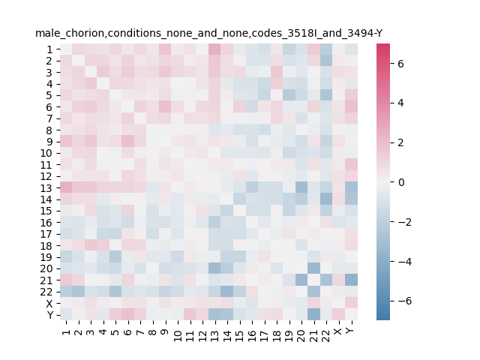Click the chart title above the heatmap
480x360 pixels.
coord(208,33)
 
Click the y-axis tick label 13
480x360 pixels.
coord(46,188)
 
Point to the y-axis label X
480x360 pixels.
coord(49,303)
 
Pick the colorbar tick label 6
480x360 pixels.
coord(400,64)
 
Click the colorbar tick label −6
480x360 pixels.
coord(405,301)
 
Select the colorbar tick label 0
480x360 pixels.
coord(400,182)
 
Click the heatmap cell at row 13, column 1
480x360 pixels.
coord(66,187)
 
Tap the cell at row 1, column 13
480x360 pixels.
coord(215,49)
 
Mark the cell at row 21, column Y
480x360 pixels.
coord(352,280)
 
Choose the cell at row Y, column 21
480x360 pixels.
coord(314,315)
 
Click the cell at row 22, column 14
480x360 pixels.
coord(227,292)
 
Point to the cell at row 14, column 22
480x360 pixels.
coord(327,199)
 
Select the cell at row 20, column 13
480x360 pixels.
coord(215,268)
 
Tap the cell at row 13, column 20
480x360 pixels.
coord(301,187)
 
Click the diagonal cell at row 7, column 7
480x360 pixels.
coord(140,118)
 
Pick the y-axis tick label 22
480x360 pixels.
coord(46,292)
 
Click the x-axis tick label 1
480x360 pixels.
coord(66,331)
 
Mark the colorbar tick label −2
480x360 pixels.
coord(405,222)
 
